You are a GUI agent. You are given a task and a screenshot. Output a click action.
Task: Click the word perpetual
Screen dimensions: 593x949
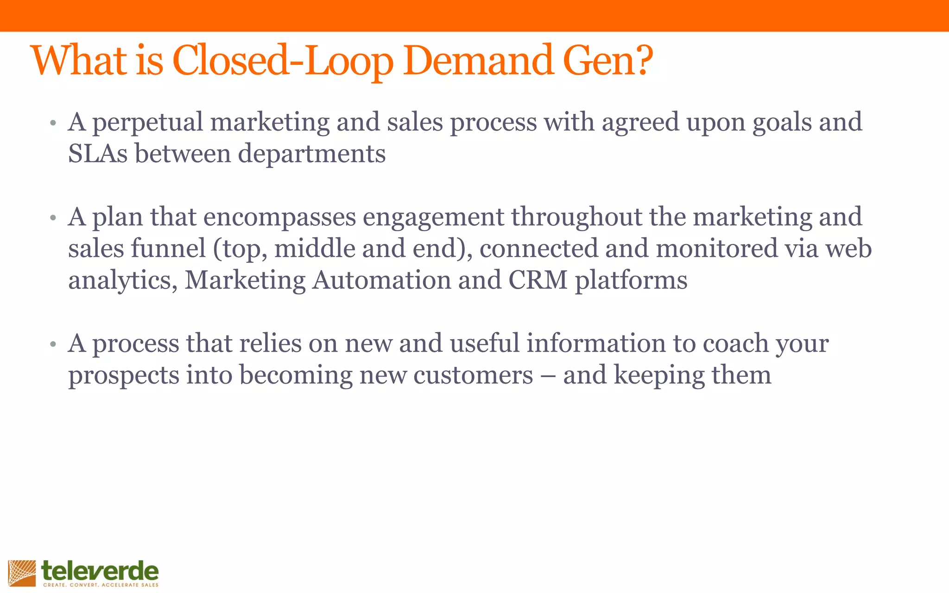tap(147, 123)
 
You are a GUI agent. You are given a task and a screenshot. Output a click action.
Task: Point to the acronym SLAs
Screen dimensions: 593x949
tap(98, 154)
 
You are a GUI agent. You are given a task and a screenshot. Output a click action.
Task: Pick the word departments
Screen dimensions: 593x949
tap(311, 155)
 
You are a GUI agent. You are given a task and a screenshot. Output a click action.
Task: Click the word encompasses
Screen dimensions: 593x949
tap(279, 218)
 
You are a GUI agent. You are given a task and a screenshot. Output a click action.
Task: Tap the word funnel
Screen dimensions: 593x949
tap(168, 248)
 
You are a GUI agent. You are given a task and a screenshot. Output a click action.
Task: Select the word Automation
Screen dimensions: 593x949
tap(381, 280)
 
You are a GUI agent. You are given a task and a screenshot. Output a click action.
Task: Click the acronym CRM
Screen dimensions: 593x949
tap(538, 280)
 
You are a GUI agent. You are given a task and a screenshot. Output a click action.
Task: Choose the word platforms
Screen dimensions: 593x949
tap(631, 281)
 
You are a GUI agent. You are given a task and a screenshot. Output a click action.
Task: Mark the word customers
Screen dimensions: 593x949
tap(473, 375)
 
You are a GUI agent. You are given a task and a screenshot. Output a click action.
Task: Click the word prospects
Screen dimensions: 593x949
tap(124, 376)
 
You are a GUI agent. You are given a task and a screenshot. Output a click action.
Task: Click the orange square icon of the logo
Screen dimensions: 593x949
tap(22, 573)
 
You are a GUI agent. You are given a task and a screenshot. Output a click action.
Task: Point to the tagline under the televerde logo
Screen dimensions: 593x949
tap(101, 585)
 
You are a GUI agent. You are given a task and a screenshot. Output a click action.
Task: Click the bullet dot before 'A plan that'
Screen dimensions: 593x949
tap(53, 217)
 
